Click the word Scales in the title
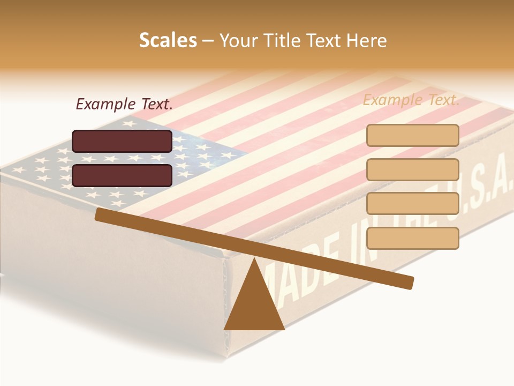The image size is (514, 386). point(168,40)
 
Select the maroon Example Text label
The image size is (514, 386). point(124,104)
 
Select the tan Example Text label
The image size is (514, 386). point(411,100)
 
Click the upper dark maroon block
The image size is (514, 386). point(122,141)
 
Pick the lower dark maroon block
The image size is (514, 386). point(122,175)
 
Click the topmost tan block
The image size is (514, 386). point(412,135)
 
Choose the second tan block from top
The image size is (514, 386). point(412,169)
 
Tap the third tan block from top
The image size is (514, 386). point(412,204)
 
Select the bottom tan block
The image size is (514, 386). point(412,238)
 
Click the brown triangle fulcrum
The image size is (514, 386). point(254,306)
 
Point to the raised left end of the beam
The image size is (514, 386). point(99,214)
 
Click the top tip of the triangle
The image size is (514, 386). point(254,259)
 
